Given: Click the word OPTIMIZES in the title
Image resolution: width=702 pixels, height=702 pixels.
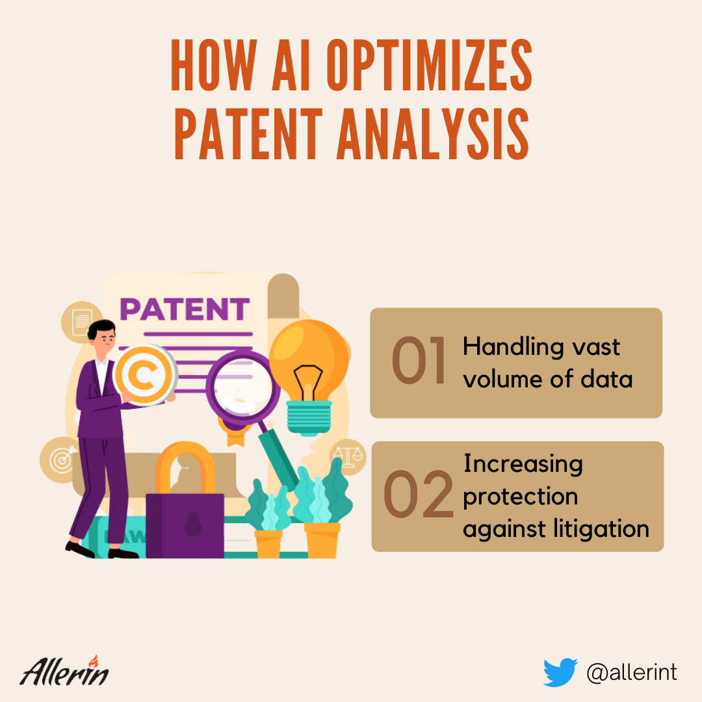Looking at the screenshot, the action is (430, 65).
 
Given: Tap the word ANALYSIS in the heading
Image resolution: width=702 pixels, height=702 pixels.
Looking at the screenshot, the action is (433, 134).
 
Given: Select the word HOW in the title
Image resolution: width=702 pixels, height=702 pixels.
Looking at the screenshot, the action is (214, 65).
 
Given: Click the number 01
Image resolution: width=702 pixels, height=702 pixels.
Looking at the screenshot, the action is (419, 360).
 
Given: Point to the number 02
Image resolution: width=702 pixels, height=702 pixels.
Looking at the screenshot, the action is (419, 494).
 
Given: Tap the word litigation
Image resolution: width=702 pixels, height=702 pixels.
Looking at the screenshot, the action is (601, 528).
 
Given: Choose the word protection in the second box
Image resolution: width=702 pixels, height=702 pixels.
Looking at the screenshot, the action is (520, 497).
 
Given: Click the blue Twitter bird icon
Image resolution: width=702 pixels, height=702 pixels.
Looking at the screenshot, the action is (560, 672).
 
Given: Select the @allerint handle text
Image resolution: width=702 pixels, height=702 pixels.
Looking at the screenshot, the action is (632, 673).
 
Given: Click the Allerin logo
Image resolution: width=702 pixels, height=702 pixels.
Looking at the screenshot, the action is (64, 670).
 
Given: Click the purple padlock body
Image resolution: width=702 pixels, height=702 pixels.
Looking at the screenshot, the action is (185, 526).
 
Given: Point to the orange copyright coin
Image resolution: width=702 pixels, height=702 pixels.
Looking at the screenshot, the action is (144, 374).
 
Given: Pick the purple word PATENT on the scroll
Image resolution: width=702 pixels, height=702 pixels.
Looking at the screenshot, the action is (185, 309).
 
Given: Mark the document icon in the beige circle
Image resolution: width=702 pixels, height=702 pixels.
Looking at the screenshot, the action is (82, 322).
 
